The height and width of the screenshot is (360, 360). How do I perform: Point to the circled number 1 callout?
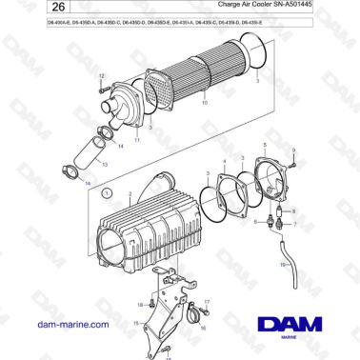tap(107, 192)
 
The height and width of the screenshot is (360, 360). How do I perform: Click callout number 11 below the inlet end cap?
tap(136, 141)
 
